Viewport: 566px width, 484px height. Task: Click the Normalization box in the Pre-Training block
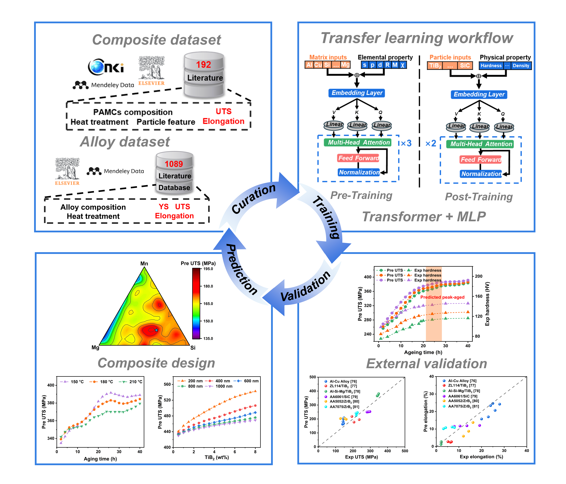359,172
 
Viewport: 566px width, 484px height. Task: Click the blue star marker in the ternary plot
156,330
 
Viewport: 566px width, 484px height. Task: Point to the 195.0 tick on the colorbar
208,269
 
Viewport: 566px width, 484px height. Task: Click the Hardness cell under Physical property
491,66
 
